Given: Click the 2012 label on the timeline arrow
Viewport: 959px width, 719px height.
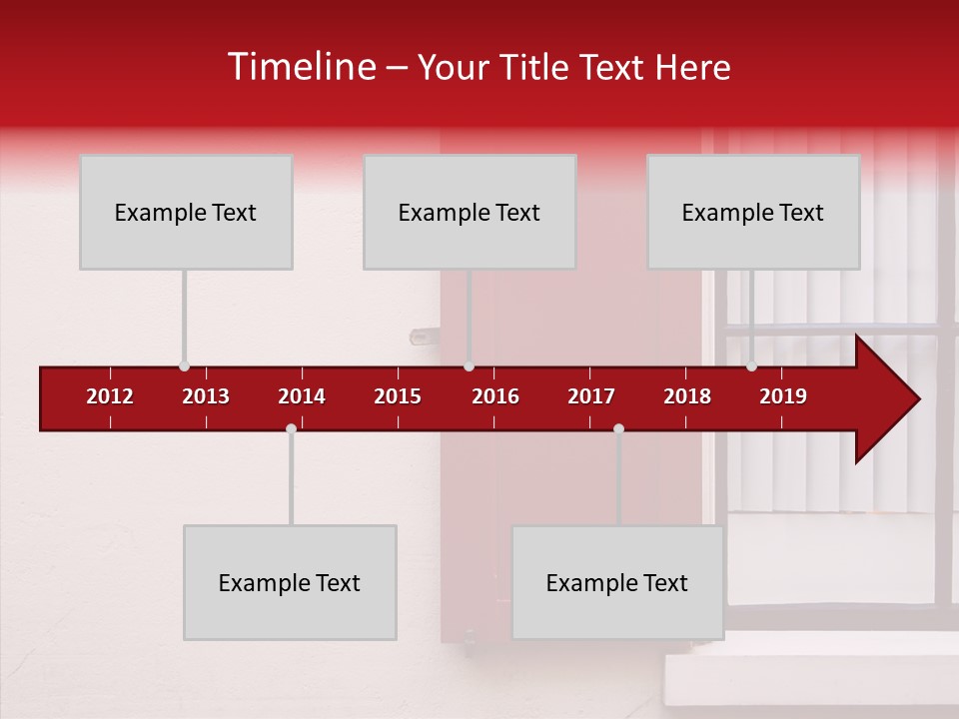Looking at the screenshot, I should pyautogui.click(x=110, y=396).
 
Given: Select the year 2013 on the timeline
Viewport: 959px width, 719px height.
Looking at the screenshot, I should pyautogui.click(x=206, y=396).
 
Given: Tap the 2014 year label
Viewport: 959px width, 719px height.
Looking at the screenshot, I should pyautogui.click(x=302, y=396).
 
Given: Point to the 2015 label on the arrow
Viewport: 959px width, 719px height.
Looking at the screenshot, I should pyautogui.click(x=398, y=396).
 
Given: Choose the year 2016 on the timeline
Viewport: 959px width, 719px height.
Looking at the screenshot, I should pyautogui.click(x=495, y=396).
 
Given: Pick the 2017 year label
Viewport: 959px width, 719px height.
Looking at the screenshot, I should pyautogui.click(x=591, y=396).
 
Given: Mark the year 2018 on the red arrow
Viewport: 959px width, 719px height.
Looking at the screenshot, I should pyautogui.click(x=687, y=396).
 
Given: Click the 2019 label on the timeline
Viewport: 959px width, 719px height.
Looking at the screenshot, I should pyautogui.click(x=783, y=396).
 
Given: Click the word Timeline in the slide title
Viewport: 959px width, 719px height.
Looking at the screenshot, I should pyautogui.click(x=300, y=67).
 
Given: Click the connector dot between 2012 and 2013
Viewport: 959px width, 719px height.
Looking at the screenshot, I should pyautogui.click(x=184, y=366).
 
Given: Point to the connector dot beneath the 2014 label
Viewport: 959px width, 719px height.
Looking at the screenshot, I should pyautogui.click(x=291, y=429).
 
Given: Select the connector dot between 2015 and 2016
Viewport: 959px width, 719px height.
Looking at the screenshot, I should pyautogui.click(x=469, y=366).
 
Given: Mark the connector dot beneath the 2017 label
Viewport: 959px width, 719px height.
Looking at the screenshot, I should pyautogui.click(x=618, y=429).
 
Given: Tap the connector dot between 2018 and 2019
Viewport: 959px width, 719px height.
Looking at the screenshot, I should pyautogui.click(x=751, y=366).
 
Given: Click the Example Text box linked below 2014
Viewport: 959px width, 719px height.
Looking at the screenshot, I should pyautogui.click(x=290, y=582).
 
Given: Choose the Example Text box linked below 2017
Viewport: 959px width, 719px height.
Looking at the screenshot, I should pyautogui.click(x=617, y=582).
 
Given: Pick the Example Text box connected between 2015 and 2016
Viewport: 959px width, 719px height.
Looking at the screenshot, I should pyautogui.click(x=470, y=212).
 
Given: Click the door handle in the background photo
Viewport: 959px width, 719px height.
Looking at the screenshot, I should pyautogui.click(x=420, y=338).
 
